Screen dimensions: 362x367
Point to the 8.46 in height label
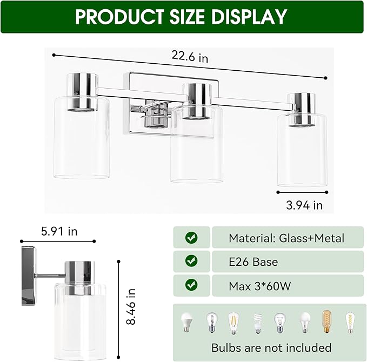tap(130, 306)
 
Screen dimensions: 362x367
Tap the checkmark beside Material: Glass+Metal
tap(191, 238)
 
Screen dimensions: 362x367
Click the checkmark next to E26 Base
tap(191, 262)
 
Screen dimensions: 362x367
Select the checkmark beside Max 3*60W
tap(191, 285)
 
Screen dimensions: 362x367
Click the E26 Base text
tap(253, 262)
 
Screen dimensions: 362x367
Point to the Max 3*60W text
tap(259, 286)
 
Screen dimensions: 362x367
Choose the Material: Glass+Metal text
tap(286, 238)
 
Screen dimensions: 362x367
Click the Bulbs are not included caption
tap(271, 347)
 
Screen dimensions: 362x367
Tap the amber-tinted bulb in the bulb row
tap(326, 322)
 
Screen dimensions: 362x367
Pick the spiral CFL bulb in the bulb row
tap(257, 323)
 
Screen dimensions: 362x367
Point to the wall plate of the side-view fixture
tap(30, 276)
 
